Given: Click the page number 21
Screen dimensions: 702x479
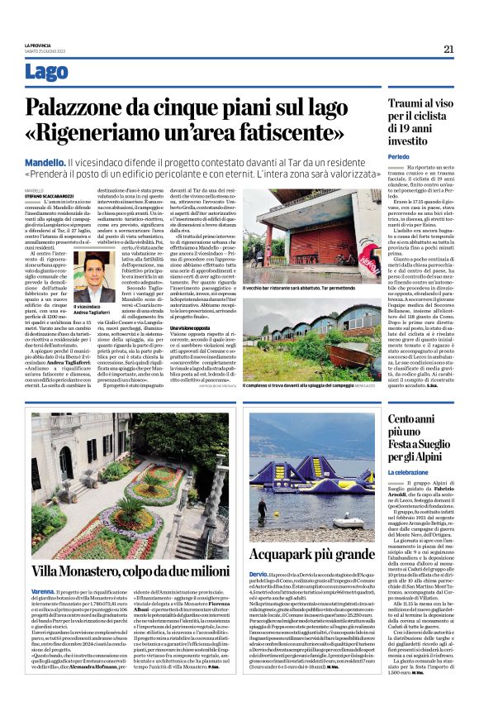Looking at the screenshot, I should (x=448, y=49).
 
